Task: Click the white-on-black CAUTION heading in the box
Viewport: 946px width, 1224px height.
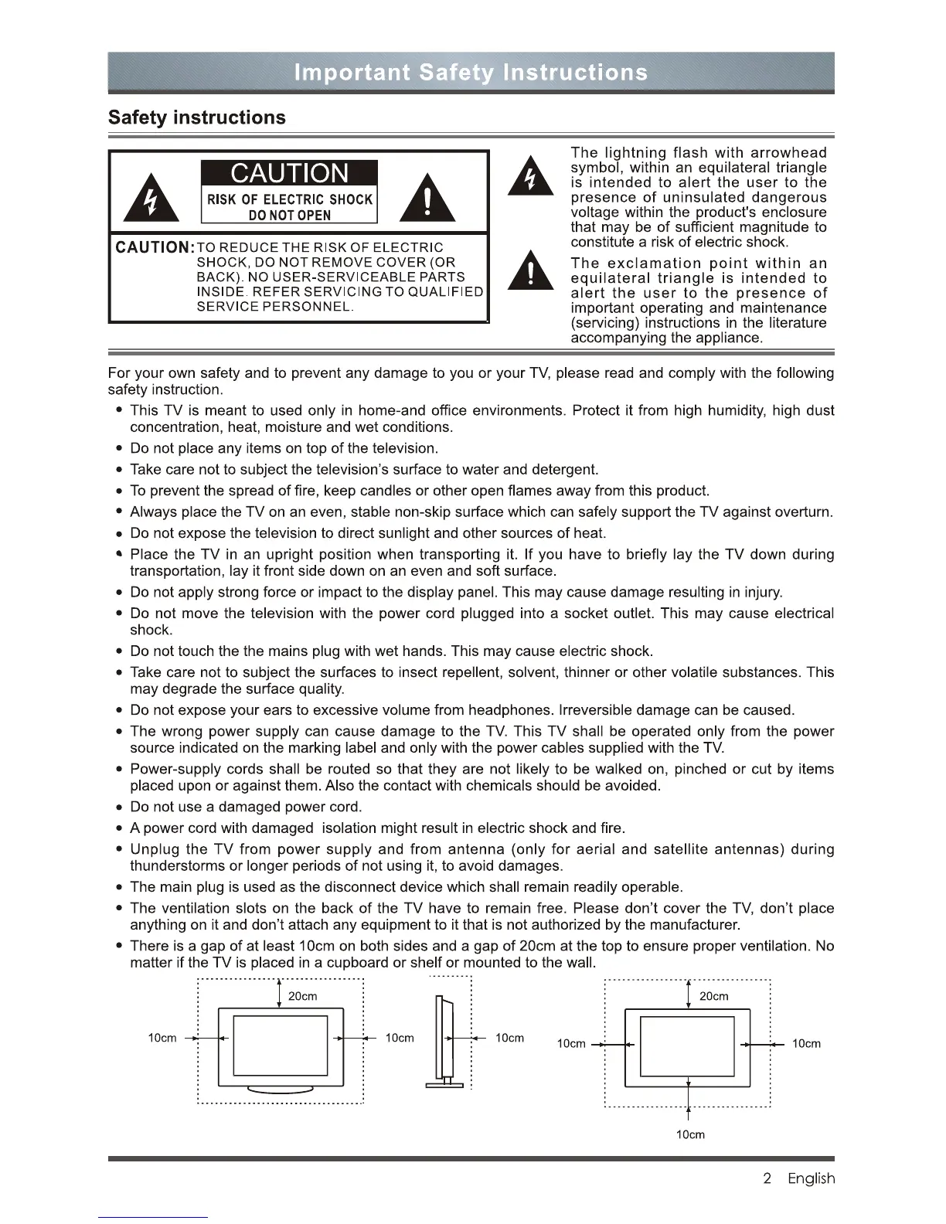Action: [x=289, y=173]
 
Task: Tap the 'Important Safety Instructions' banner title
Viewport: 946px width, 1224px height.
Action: [x=471, y=73]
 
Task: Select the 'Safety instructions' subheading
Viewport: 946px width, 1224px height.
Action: [x=197, y=117]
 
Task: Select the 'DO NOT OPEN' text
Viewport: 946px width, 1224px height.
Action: [x=289, y=216]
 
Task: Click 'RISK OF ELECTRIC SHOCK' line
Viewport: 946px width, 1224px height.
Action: [x=289, y=199]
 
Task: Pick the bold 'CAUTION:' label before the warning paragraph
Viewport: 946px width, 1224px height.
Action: [x=153, y=247]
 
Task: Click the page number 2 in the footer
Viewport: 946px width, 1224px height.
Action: [x=767, y=1178]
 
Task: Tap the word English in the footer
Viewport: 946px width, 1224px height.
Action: [x=811, y=1178]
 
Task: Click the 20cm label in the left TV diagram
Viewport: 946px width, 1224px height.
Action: [x=302, y=996]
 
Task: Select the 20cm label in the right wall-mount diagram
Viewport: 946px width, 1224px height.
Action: [x=713, y=996]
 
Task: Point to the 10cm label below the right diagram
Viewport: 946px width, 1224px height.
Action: [x=690, y=1134]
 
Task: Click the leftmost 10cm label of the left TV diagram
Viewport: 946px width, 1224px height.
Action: [x=162, y=1038]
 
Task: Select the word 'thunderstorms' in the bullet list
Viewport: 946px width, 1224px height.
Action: [x=175, y=866]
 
